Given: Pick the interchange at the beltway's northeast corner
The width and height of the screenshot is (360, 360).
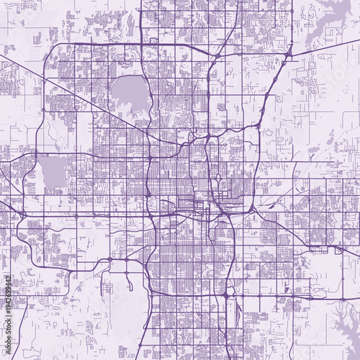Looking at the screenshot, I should tap(289, 53).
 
